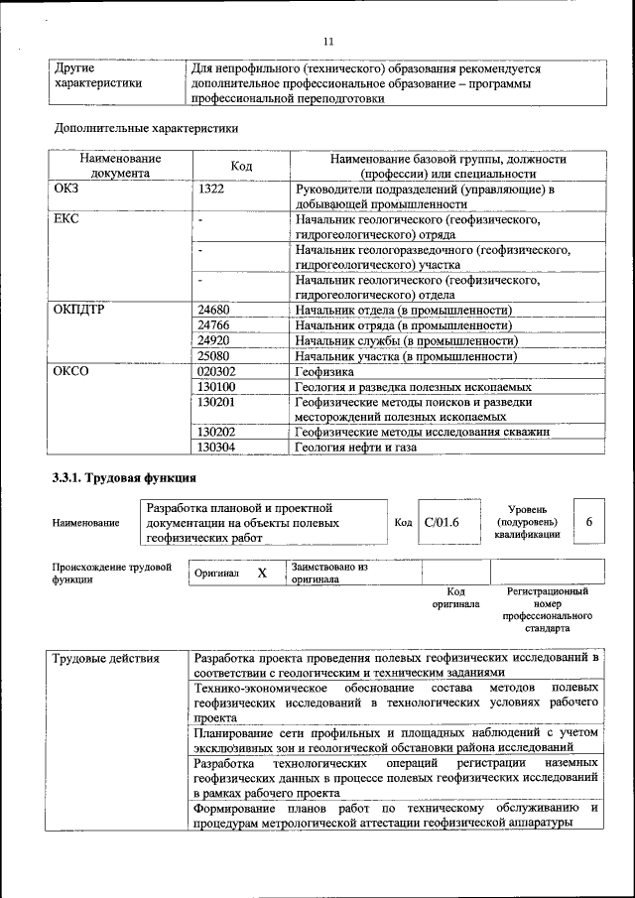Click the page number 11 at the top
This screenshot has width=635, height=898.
click(329, 41)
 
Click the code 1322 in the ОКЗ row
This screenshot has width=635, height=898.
click(211, 189)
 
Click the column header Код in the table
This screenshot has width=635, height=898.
click(241, 166)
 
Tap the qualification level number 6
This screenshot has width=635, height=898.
click(589, 522)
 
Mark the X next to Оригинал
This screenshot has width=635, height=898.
click(262, 573)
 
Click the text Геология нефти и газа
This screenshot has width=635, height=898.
click(355, 448)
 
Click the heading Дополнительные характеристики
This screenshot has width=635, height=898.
click(145, 128)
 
